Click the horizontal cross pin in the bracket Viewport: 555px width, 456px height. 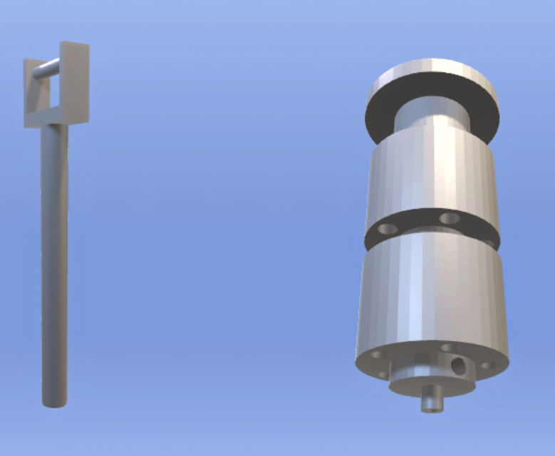(x=46, y=69)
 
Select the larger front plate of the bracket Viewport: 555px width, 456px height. (x=76, y=78)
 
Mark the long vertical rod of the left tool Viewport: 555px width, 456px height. (x=54, y=256)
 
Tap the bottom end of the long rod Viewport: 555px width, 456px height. (x=54, y=402)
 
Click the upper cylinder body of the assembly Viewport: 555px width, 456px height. (x=431, y=175)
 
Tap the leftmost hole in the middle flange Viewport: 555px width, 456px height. (x=388, y=229)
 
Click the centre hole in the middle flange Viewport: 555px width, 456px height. (x=450, y=217)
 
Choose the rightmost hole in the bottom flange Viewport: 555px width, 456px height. (x=489, y=366)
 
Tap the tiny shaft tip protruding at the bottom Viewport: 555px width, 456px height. (x=431, y=401)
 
